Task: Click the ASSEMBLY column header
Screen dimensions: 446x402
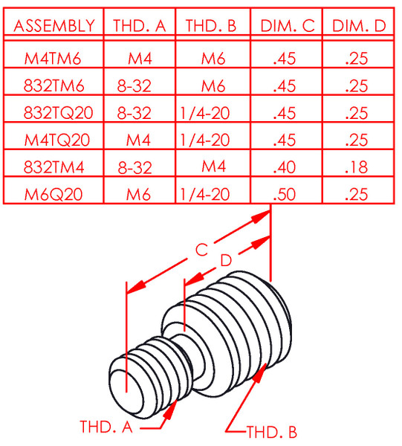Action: pos(54,26)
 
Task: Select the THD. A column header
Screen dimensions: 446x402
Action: pos(139,26)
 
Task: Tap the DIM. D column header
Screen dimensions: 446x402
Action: pos(359,26)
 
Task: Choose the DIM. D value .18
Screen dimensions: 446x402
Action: pos(357,167)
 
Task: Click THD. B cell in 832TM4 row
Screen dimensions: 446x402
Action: pos(213,167)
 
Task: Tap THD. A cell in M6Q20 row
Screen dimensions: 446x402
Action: pos(138,195)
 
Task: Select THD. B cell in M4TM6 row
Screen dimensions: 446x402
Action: pos(213,59)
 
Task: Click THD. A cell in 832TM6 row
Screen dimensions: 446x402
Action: pos(134,85)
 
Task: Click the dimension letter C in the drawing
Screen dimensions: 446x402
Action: pos(201,251)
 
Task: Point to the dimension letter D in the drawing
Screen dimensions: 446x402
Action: pos(226,260)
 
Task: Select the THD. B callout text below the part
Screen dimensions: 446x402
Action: pos(272,430)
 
